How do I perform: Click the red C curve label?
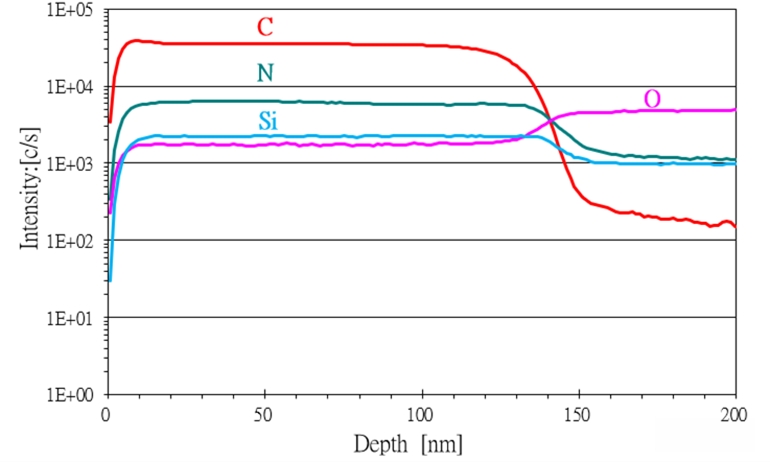pos(265,27)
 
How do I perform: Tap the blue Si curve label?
pos(267,122)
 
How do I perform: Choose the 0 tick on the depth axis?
pos(107,413)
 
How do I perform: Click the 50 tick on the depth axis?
pos(264,413)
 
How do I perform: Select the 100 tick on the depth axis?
pos(421,413)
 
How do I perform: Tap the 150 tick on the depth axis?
pos(578,413)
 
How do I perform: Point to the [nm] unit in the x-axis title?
pos(441,441)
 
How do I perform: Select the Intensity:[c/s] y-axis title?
pos(31,201)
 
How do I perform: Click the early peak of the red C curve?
pos(137,40)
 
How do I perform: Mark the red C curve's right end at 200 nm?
pos(735,227)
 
